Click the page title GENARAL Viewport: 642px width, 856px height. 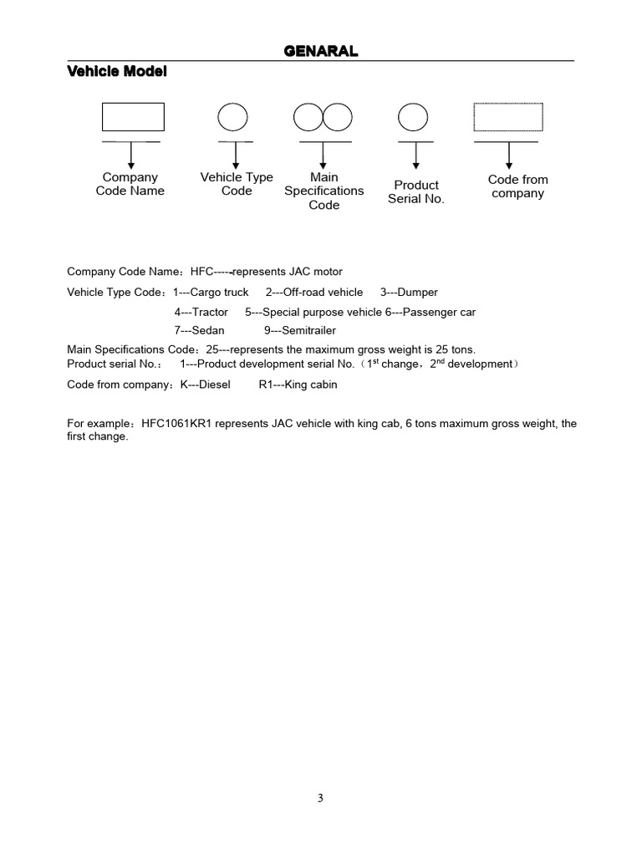point(321,52)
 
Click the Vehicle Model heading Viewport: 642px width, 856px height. point(116,72)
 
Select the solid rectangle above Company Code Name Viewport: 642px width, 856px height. point(133,117)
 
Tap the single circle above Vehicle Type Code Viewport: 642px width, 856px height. point(233,117)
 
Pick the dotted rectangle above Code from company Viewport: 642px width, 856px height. point(508,117)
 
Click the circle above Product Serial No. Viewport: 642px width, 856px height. point(413,117)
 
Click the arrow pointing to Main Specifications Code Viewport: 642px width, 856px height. point(324,155)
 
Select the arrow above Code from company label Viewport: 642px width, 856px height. point(509,155)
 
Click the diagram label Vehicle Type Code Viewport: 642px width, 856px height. point(237,184)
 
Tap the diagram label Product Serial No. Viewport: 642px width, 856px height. point(416,191)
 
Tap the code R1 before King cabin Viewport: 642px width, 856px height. point(267,385)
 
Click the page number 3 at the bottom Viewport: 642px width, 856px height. point(320,798)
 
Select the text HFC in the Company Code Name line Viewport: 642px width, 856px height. point(202,272)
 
